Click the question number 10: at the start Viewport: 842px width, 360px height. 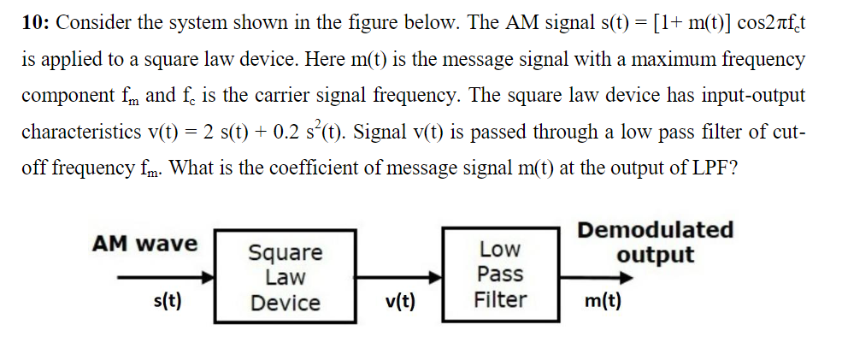(x=36, y=23)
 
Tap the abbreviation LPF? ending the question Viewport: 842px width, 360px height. (x=715, y=168)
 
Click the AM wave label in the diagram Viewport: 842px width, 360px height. (x=144, y=244)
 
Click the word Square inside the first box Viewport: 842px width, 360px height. (x=286, y=253)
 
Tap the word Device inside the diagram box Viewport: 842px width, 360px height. (x=286, y=303)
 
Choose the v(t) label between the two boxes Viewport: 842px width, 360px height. (x=400, y=302)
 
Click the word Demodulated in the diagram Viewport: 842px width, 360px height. (x=655, y=230)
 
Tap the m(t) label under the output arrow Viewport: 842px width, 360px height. (x=604, y=301)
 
